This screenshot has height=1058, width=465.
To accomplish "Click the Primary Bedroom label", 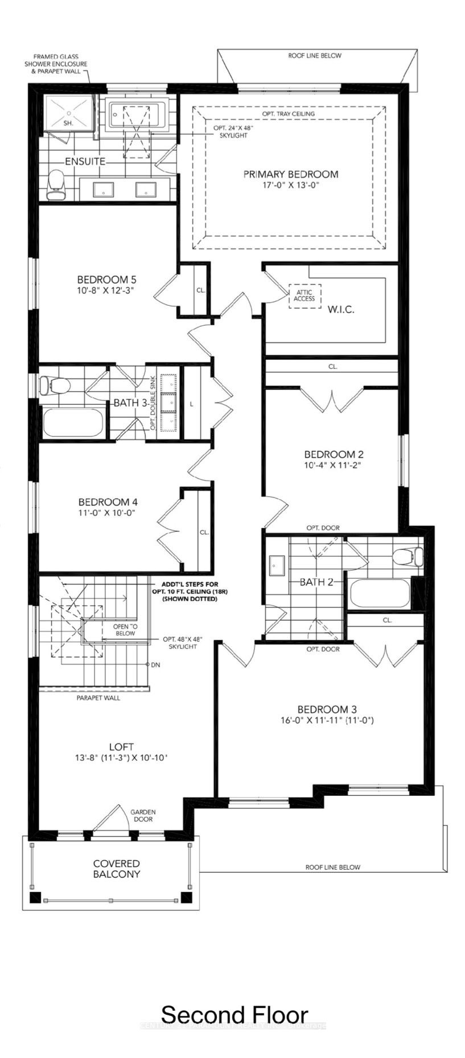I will pyautogui.click(x=290, y=174).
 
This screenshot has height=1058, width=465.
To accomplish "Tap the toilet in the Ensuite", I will pyautogui.click(x=56, y=185).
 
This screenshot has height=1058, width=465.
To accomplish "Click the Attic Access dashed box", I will pyautogui.click(x=304, y=296).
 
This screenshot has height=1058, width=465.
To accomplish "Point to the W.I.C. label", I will pyautogui.click(x=341, y=310).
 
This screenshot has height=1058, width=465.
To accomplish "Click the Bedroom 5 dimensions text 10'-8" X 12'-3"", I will pyautogui.click(x=106, y=291).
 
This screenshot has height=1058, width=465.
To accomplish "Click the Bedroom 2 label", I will pyautogui.click(x=334, y=454).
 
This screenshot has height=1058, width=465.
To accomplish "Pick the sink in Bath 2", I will pyautogui.click(x=277, y=563).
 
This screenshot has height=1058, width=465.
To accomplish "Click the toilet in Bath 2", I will pyautogui.click(x=409, y=555).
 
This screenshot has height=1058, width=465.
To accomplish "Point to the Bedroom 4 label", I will pyautogui.click(x=108, y=502).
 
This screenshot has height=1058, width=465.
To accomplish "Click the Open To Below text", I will pyautogui.click(x=125, y=629).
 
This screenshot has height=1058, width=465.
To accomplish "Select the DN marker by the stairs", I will pyautogui.click(x=155, y=665).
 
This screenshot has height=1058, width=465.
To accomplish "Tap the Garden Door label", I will pyautogui.click(x=143, y=816).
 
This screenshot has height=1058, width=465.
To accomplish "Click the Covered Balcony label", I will pyautogui.click(x=116, y=869).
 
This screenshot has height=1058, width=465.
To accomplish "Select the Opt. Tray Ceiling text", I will pyautogui.click(x=288, y=114).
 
